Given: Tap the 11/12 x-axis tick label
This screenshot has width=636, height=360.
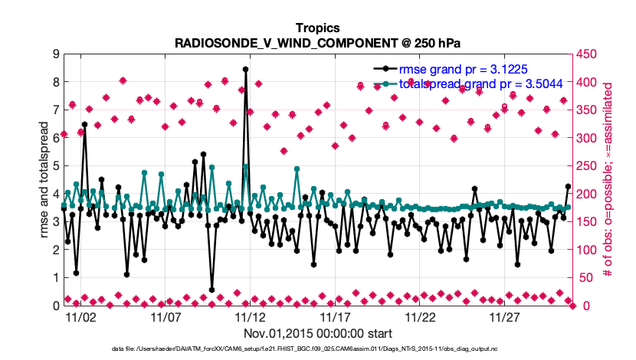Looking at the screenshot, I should (x=250, y=316).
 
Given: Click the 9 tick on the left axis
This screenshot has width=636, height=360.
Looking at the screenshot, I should (x=54, y=54).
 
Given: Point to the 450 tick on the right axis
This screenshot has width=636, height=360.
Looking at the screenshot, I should (x=587, y=54).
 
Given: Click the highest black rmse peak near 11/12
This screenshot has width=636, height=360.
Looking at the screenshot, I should (x=245, y=69).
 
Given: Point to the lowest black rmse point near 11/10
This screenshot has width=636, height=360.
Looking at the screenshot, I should (x=211, y=290).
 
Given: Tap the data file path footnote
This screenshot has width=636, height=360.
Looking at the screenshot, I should (x=317, y=349).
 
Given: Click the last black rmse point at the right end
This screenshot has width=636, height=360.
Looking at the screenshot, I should (x=568, y=187).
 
